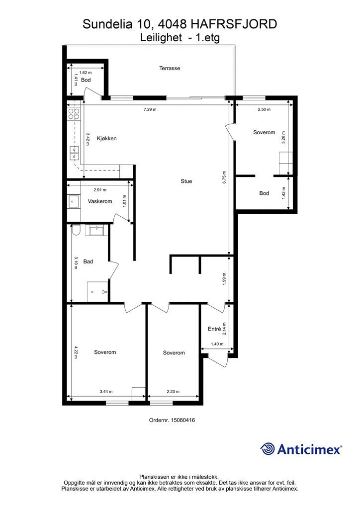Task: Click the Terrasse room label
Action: coord(170,68)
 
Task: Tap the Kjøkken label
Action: coord(106,138)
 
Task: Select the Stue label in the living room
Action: coord(186,181)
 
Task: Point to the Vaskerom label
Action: coord(99,201)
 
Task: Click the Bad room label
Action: coord(89,261)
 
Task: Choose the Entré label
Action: coord(214,329)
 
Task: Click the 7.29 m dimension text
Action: coord(150,109)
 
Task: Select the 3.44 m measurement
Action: coord(106,392)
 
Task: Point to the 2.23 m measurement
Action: coord(173,392)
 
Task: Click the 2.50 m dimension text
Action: coord(264,109)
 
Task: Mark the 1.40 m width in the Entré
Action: coord(217,344)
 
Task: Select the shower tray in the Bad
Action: coord(97,291)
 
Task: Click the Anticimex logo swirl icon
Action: coord(268,449)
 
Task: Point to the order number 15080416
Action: coord(182,420)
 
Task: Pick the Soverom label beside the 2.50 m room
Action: coord(264,132)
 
